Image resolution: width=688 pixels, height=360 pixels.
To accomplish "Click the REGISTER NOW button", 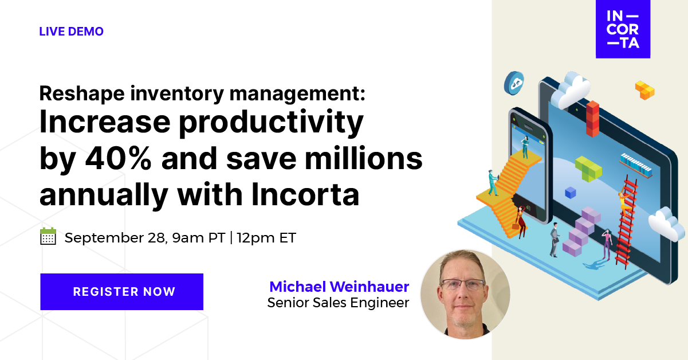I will pos(121,291).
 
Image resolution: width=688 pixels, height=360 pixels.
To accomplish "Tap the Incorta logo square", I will pos(623,29).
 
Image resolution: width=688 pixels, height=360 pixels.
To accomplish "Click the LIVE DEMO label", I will pos(71,32).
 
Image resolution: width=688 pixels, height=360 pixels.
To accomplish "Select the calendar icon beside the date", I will pos(48,236).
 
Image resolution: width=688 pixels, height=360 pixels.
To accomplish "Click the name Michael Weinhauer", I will pos(339,287).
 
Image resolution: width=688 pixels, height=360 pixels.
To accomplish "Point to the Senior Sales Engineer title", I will pos(338,303).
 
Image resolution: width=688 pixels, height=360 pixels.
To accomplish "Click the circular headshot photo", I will pos(465,294).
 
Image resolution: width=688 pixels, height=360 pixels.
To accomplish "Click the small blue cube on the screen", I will pos(570,193).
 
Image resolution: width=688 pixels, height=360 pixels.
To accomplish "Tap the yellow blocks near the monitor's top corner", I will pos(644,90).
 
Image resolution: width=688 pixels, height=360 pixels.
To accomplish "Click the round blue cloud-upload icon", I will pos(514,83).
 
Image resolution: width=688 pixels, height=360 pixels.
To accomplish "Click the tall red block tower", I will pos(592,118).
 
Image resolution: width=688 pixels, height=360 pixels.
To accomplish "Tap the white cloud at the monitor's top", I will pos(569,89).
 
